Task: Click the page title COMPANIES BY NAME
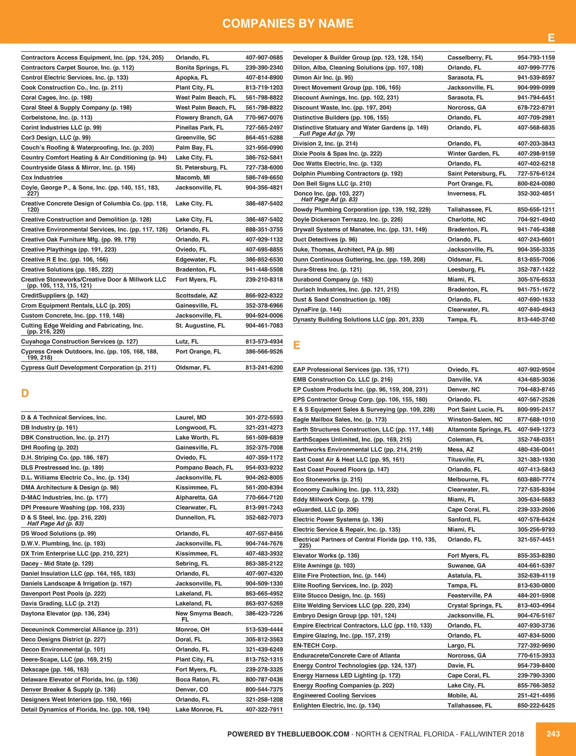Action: click(288, 24)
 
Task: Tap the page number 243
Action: click(553, 733)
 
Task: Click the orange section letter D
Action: click(25, 394)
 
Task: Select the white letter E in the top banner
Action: click(551, 38)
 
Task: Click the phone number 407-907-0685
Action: click(264, 58)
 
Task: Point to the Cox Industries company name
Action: click(42, 178)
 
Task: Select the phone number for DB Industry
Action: click(264, 428)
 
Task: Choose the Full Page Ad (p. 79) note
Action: click(327, 133)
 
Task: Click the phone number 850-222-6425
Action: click(536, 706)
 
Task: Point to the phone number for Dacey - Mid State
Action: click(264, 564)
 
